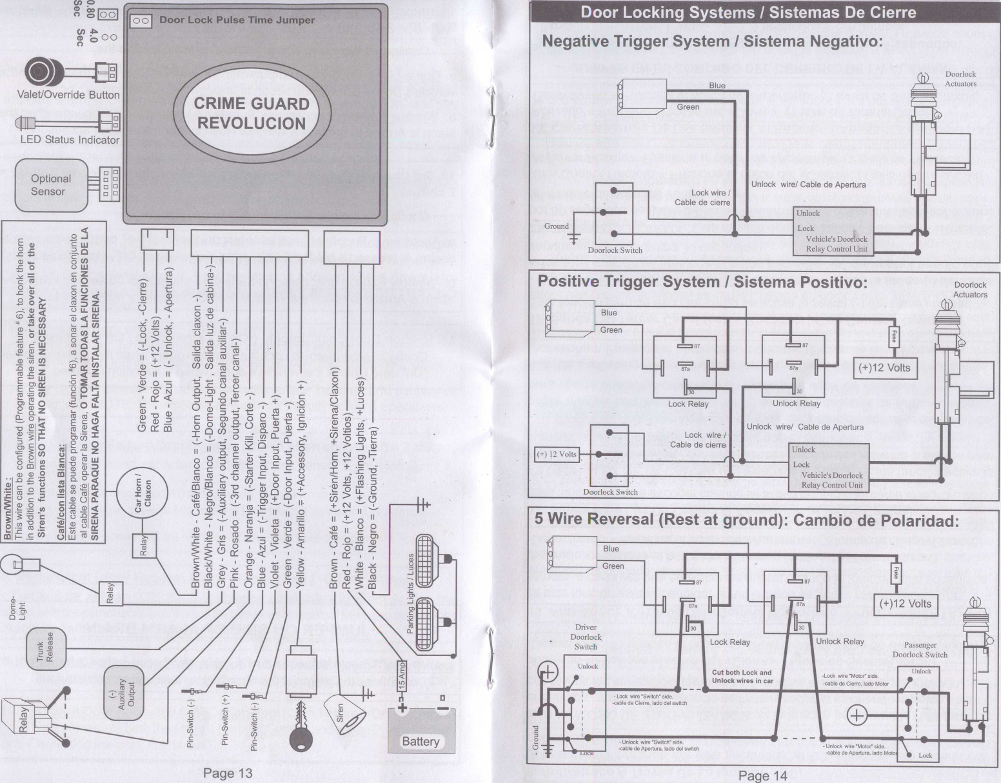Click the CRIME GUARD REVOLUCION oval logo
coord(252,114)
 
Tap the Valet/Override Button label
coord(68,95)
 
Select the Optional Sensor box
coord(51,184)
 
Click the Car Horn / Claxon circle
coord(143,497)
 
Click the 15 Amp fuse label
coord(402,676)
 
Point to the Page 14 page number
coord(763,775)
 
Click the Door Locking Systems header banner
coord(748,12)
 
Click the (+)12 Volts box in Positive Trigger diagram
coord(885,368)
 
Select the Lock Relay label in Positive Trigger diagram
coord(688,404)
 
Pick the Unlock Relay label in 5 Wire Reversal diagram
coord(840,641)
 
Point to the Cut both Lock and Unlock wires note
coord(742,676)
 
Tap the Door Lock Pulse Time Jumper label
coord(237,20)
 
